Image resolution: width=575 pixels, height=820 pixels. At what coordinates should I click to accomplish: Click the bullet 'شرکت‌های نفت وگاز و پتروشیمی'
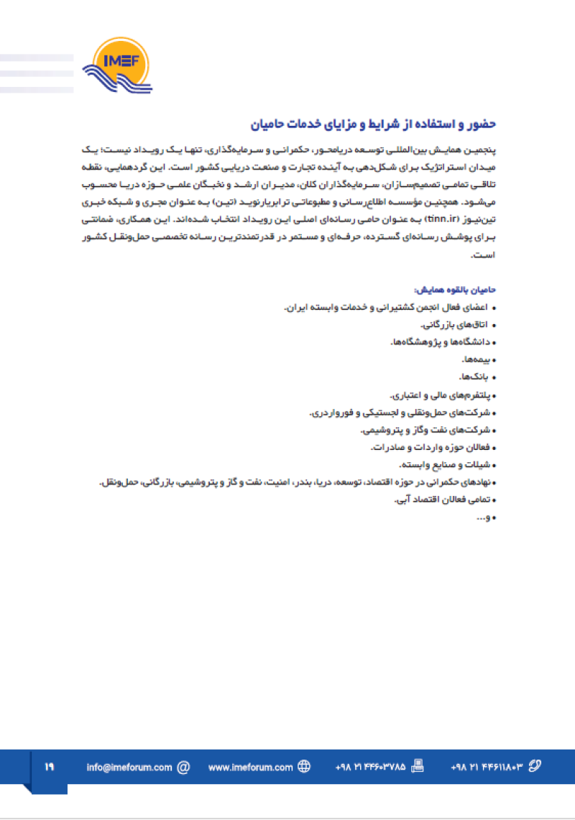tap(425, 430)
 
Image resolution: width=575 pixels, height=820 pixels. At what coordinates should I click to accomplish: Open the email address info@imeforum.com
tap(129, 767)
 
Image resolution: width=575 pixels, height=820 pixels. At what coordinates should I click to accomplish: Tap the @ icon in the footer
tap(183, 767)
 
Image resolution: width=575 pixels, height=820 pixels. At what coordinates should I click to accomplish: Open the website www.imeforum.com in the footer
tap(251, 767)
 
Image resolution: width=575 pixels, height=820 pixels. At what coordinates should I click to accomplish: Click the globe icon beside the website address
tap(304, 767)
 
